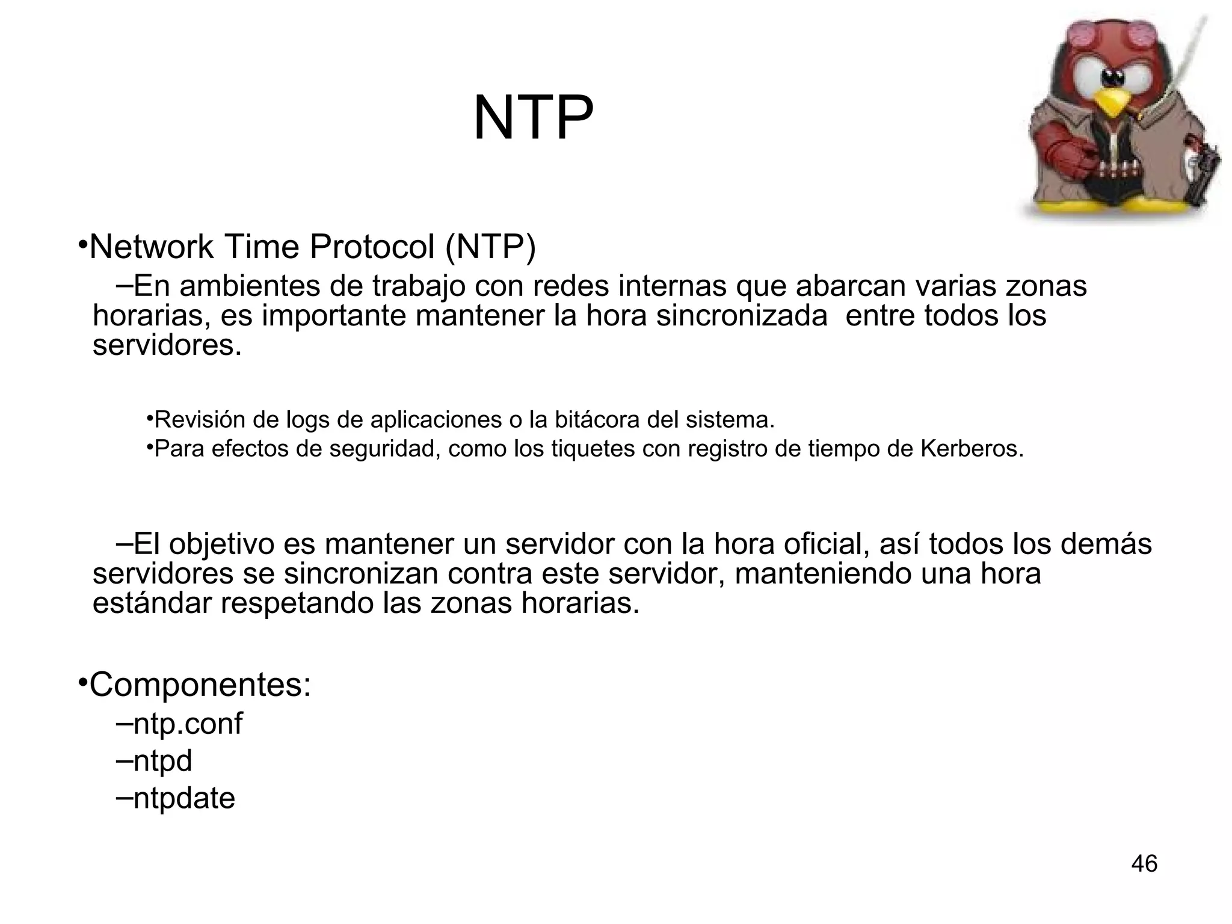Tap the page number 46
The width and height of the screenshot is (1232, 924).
[1144, 864]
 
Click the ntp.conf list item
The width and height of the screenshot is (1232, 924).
[187, 723]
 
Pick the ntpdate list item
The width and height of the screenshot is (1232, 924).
[183, 798]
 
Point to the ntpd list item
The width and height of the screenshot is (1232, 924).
[162, 761]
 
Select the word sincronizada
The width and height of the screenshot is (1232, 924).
[742, 316]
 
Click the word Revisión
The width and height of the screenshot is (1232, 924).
[199, 420]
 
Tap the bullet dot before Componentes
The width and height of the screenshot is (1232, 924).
[83, 683]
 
